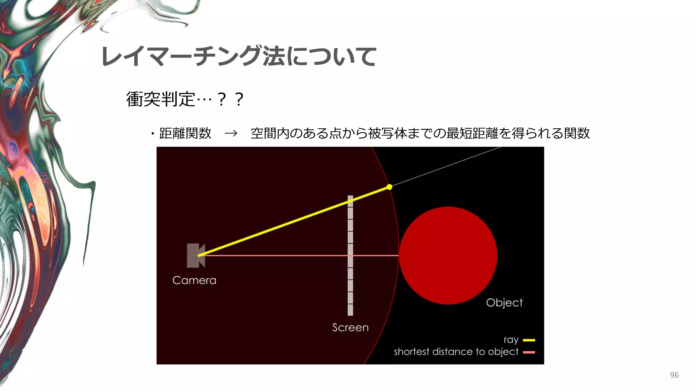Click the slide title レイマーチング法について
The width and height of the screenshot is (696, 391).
239,56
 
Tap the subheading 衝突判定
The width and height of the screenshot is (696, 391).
160,99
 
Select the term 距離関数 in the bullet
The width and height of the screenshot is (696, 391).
185,133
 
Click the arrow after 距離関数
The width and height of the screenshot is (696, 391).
231,133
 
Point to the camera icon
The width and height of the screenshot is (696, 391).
195,255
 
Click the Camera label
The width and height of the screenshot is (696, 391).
194,280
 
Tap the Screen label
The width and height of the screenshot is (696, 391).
350,328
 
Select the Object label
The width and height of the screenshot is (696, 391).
504,303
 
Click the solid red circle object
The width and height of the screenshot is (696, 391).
448,255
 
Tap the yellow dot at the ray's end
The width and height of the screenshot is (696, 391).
389,187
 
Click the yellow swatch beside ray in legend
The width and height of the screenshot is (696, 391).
529,340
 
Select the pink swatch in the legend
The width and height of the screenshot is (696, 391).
529,352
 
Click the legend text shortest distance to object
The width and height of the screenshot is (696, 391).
456,352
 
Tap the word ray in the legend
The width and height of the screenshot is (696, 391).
511,340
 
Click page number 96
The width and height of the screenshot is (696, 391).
674,375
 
